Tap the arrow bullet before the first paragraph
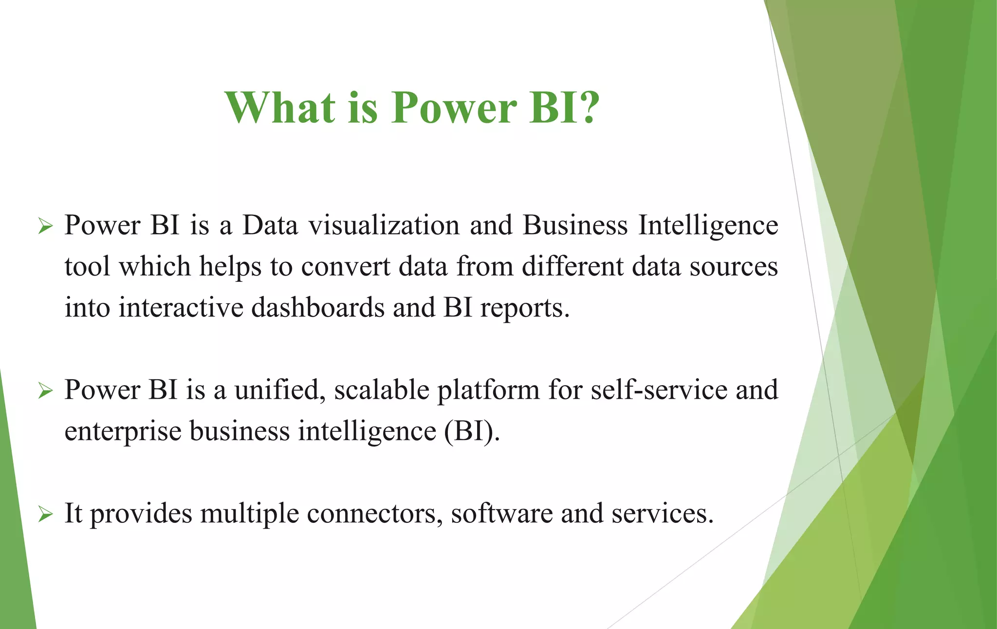(x=45, y=226)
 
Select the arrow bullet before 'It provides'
(x=45, y=514)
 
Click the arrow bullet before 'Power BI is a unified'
(x=45, y=390)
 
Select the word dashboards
(x=318, y=308)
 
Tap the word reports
(x=524, y=308)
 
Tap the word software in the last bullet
(x=501, y=514)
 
